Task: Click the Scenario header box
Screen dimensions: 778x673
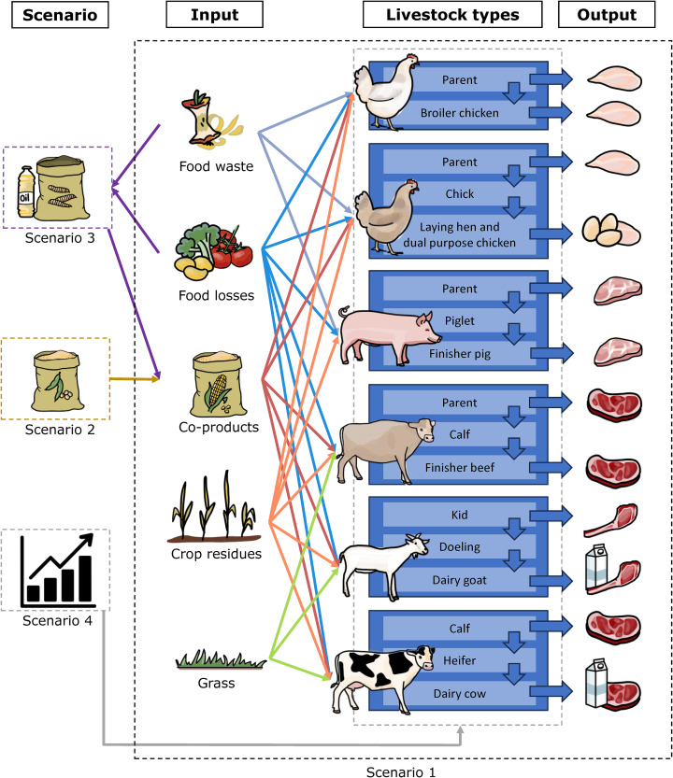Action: click(54, 15)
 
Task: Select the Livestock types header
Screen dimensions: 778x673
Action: click(451, 15)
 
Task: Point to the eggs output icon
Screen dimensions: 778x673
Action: click(608, 231)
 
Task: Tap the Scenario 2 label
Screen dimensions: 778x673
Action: click(55, 431)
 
